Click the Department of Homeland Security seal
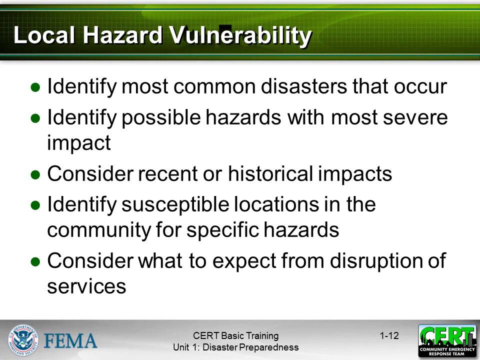click(23, 340)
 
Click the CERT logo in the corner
click(447, 340)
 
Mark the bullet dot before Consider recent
click(35, 174)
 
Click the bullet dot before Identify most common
click(35, 87)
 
